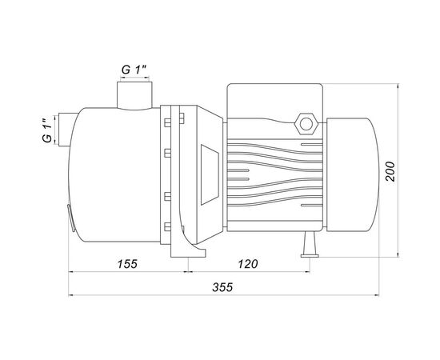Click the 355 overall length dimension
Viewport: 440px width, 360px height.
222,287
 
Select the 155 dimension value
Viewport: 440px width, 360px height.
127,264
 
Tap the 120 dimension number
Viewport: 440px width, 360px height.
248,264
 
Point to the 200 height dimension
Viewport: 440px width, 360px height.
390,171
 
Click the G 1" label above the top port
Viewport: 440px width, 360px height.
134,70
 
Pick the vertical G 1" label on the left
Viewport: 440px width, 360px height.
47,130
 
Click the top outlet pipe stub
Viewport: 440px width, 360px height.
134,95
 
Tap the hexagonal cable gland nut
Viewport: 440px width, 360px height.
306,124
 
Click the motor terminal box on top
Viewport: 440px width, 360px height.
274,101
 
